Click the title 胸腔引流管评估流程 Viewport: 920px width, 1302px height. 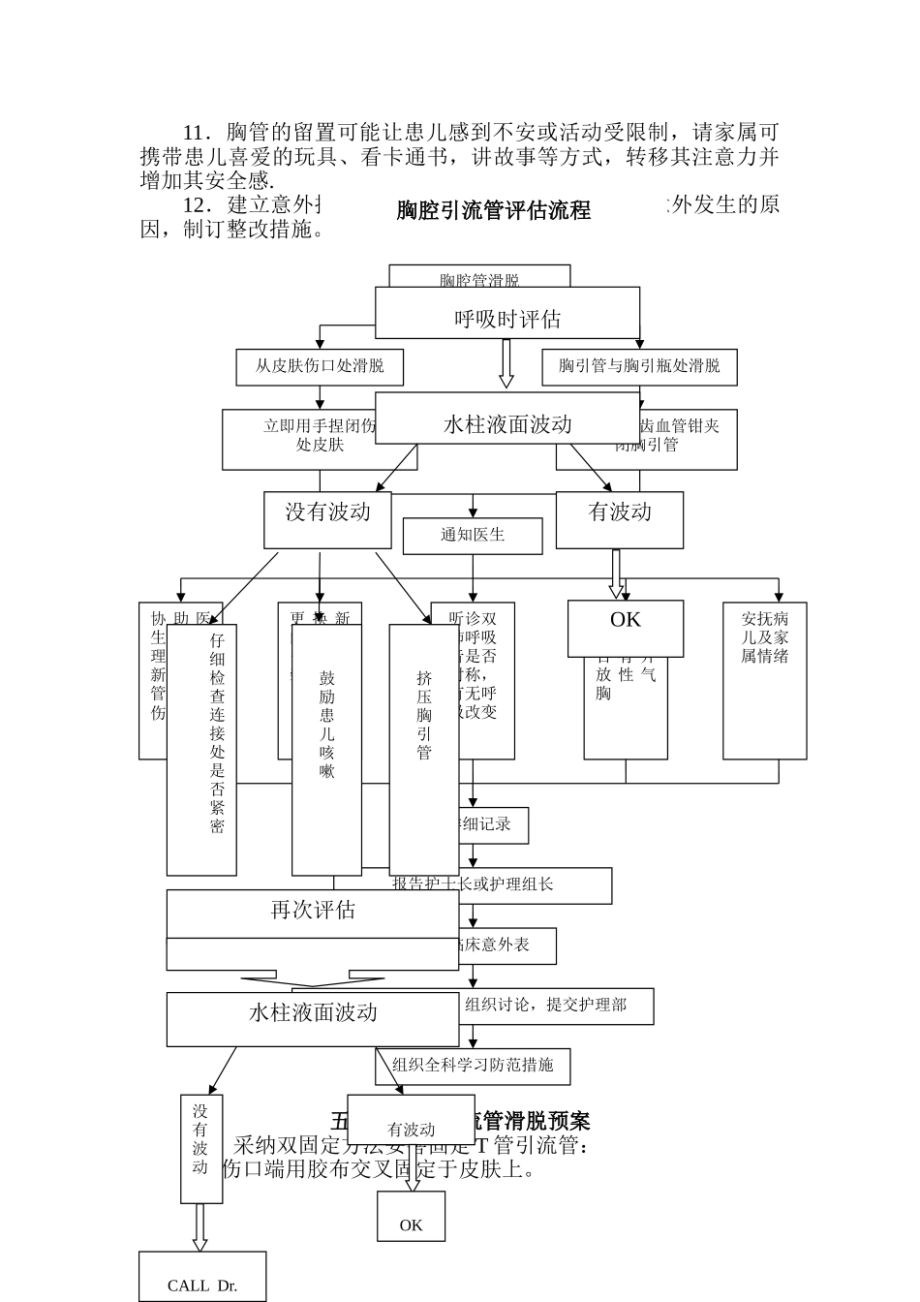click(493, 210)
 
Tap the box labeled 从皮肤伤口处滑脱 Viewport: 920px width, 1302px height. click(320, 367)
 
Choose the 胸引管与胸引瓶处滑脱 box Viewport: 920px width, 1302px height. click(639, 367)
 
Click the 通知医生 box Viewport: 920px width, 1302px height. click(473, 536)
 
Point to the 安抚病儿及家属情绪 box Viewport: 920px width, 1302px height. click(764, 682)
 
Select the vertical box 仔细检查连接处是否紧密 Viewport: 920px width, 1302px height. click(201, 749)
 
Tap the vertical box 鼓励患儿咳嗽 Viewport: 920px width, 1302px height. click(326, 749)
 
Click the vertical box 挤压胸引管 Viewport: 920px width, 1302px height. click(423, 749)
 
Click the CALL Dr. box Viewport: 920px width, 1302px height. click(201, 1278)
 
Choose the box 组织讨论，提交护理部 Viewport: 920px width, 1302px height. click(557, 1006)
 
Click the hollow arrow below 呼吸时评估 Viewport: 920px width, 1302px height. click(506, 364)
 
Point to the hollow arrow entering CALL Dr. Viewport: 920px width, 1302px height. click(200, 1227)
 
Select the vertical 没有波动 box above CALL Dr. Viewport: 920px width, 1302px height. click(200, 1149)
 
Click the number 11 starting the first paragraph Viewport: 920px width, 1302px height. click(197, 131)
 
